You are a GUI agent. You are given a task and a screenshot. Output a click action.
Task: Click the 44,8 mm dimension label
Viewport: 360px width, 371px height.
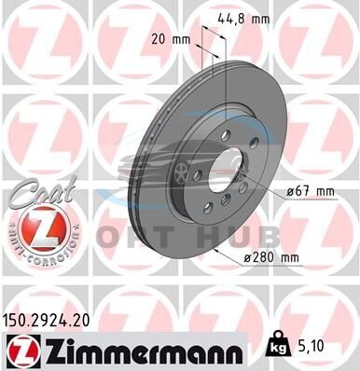point(243,20)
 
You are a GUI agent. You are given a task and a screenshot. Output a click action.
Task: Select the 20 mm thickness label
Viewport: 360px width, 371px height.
point(171,39)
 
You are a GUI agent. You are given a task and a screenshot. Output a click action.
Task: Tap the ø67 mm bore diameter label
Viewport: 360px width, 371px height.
point(311,191)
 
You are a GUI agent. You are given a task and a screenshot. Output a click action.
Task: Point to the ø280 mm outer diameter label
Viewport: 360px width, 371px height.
point(270,257)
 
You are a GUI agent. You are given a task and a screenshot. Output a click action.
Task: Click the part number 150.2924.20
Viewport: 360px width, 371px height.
point(46,321)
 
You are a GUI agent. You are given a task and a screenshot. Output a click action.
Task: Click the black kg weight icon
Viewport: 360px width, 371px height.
point(280,345)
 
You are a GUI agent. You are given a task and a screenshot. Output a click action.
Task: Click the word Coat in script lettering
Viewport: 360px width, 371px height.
point(43,192)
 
